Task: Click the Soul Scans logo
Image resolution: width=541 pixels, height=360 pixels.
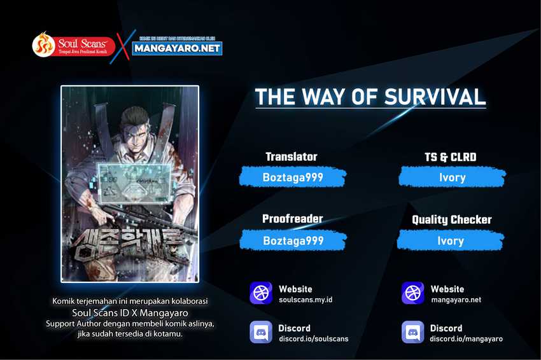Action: [73, 45]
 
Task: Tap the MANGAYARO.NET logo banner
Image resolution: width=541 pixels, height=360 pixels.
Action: [178, 47]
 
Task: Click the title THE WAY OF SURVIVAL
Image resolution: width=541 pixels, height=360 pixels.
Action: [370, 96]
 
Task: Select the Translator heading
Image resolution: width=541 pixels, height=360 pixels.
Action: [291, 156]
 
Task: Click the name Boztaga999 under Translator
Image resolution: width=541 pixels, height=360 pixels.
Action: [293, 177]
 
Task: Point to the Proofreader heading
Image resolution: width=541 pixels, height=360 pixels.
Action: [292, 219]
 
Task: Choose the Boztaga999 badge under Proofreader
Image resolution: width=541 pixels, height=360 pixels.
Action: [293, 240]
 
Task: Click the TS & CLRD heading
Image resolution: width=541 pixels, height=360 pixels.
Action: [450, 157]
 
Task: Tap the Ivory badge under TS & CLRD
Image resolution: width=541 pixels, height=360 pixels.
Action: [451, 177]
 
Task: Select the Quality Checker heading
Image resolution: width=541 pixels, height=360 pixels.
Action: [451, 219]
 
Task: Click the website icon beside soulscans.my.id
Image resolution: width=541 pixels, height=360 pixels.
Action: [261, 293]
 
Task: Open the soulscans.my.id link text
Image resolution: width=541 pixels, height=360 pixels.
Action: [306, 300]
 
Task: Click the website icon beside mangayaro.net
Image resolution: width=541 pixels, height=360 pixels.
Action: [413, 293]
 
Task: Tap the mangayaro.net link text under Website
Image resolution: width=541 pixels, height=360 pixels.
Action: [456, 300]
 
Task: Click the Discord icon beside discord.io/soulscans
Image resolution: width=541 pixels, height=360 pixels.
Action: [261, 333]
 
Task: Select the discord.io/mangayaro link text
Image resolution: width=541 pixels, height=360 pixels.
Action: [466, 338]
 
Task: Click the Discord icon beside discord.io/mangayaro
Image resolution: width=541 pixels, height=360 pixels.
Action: [413, 333]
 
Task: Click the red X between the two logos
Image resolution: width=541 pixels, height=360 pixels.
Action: [124, 45]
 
